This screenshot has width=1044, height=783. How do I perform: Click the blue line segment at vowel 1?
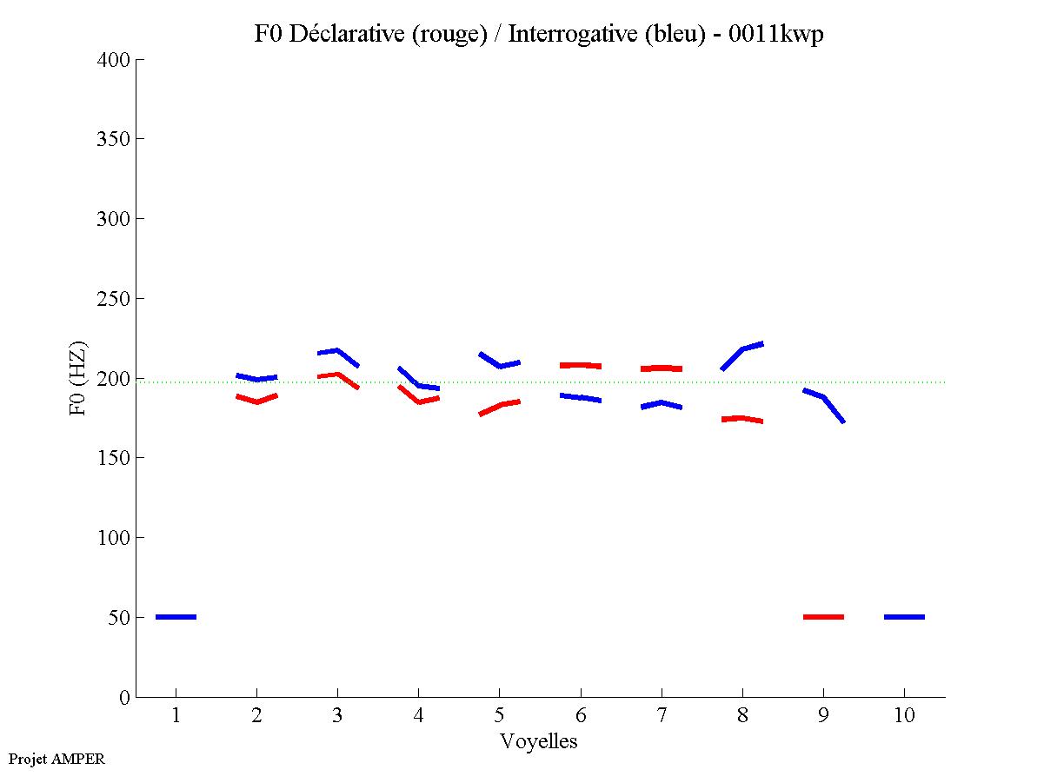click(x=176, y=617)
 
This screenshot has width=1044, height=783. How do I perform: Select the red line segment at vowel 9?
click(x=823, y=617)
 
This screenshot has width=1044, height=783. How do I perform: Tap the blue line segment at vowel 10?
click(x=904, y=617)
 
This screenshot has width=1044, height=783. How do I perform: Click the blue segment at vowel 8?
click(x=742, y=350)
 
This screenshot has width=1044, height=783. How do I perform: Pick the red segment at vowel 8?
click(x=741, y=419)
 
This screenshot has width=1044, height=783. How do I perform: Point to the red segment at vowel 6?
click(x=580, y=365)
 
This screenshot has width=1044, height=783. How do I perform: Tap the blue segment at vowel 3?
click(x=337, y=352)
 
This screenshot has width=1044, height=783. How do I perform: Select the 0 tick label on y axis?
click(x=125, y=697)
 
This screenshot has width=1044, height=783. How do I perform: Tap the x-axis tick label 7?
click(x=662, y=717)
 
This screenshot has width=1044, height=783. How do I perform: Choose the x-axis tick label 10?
click(x=904, y=717)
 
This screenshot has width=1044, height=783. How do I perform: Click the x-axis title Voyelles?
click(x=539, y=742)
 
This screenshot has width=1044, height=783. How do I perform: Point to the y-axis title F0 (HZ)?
click(x=77, y=378)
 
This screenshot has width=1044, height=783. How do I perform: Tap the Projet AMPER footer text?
click(x=57, y=759)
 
